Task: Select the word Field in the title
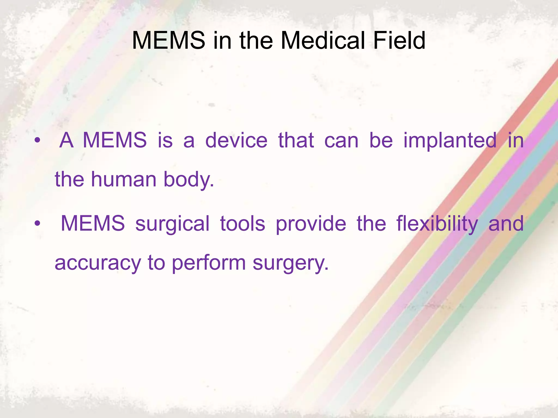[399, 41]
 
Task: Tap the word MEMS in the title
[168, 41]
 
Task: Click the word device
[236, 141]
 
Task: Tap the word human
[124, 180]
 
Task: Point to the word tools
[242, 224]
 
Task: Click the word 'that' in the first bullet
[296, 141]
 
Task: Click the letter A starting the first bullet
[66, 141]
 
